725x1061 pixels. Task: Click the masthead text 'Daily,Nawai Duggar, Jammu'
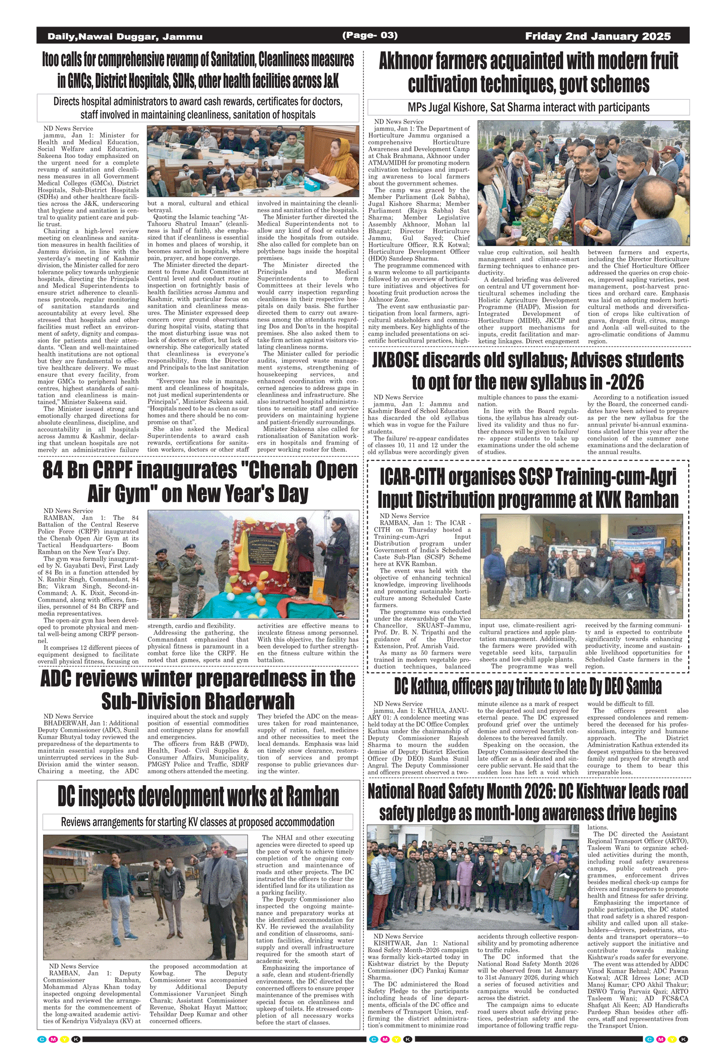(x=125, y=37)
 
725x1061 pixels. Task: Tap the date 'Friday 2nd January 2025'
(x=597, y=36)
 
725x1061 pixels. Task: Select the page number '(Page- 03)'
(x=370, y=35)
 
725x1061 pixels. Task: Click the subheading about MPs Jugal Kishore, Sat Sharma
(x=528, y=107)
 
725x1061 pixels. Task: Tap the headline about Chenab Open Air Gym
(x=199, y=482)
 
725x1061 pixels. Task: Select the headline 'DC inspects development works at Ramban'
(x=198, y=797)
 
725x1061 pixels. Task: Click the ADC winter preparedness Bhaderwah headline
(x=198, y=690)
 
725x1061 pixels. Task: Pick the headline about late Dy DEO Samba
(x=528, y=686)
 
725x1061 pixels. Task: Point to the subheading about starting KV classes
(x=198, y=822)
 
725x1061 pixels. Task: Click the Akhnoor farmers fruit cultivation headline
(x=528, y=72)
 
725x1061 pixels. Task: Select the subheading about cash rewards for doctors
(x=198, y=108)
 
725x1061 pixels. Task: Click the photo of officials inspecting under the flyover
(x=145, y=897)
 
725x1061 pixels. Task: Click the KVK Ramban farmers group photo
(x=581, y=566)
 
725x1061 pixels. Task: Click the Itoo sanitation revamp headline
(x=198, y=70)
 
